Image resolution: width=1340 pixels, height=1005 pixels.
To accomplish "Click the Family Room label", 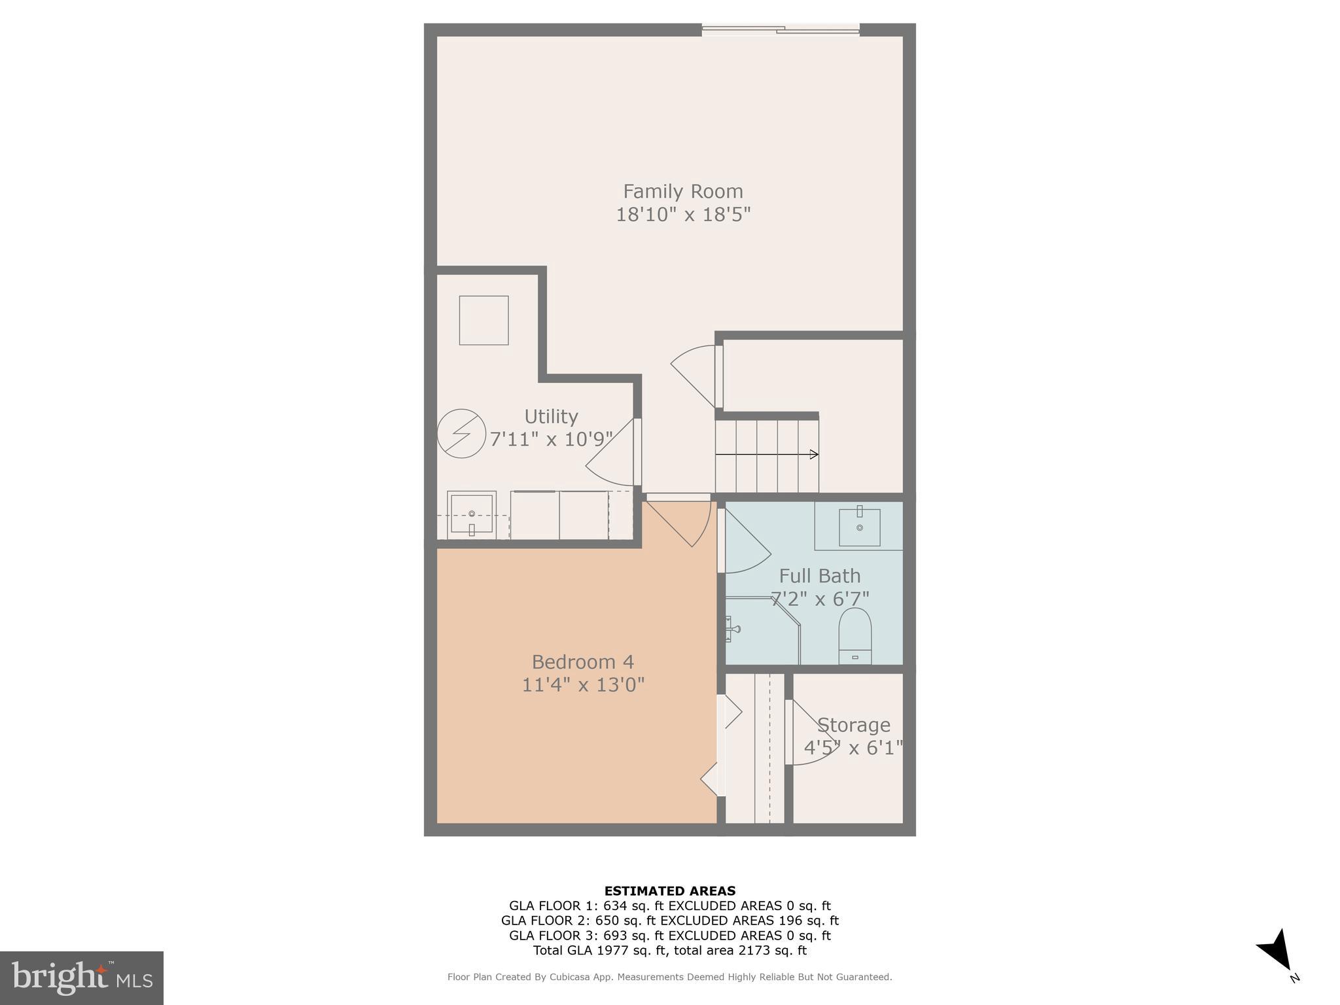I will [x=682, y=191].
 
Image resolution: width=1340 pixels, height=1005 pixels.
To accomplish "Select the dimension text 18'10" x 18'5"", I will [x=682, y=215].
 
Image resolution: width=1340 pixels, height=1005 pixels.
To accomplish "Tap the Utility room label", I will [x=551, y=417].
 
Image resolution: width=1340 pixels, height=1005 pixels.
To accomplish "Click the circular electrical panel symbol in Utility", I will [x=461, y=433].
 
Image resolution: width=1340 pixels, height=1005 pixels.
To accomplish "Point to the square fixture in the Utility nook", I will [x=484, y=320].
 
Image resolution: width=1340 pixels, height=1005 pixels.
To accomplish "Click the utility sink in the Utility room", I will [x=472, y=515].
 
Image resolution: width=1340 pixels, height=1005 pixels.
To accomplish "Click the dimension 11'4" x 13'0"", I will [x=582, y=685].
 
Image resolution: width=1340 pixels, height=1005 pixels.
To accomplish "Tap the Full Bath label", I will [x=819, y=576].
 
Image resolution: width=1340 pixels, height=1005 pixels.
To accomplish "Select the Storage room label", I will [x=853, y=725].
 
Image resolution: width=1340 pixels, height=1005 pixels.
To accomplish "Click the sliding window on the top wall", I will [x=780, y=29].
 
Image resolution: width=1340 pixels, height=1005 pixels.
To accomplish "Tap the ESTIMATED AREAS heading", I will [x=669, y=890].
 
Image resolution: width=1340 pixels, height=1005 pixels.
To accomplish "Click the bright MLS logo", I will [x=81, y=978].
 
